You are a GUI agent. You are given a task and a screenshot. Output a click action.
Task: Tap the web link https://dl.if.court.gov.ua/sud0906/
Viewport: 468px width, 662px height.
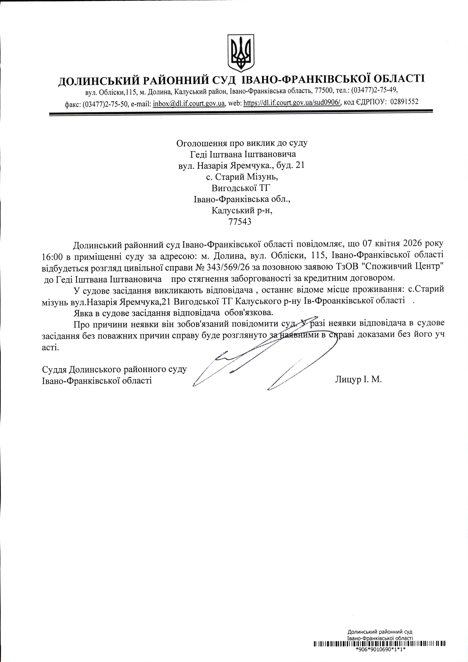292,102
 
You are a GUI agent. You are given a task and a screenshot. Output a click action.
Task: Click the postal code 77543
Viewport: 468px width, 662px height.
239,222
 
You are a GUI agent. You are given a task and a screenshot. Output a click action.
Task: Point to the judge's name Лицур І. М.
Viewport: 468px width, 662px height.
358,379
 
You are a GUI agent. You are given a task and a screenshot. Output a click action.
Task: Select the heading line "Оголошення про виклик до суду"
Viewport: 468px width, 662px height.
242,143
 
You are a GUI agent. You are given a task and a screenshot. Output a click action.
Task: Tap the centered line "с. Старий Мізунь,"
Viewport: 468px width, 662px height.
242,177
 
